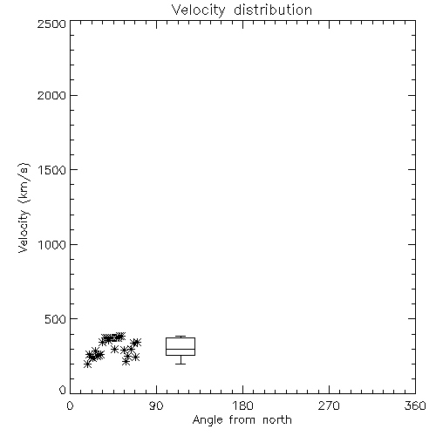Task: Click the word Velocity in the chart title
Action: (198, 10)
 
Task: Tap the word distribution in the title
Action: (273, 10)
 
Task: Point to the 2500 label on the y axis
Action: (51, 24)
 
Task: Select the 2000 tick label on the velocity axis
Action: (51, 95)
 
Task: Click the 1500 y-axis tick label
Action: (52, 170)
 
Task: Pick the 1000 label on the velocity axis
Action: (52, 244)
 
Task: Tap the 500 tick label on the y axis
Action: (56, 319)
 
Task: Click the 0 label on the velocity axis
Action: (63, 390)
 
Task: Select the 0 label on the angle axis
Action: (70, 405)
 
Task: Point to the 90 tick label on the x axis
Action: (156, 405)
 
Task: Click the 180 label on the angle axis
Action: (242, 405)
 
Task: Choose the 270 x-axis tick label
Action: (329, 405)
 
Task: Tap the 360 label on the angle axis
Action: (415, 405)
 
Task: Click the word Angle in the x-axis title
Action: (208, 420)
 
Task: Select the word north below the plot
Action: (277, 420)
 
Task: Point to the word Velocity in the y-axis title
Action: (24, 231)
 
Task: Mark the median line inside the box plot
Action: (181, 349)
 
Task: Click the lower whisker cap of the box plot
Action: (181, 364)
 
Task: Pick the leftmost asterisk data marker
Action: (87, 364)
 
